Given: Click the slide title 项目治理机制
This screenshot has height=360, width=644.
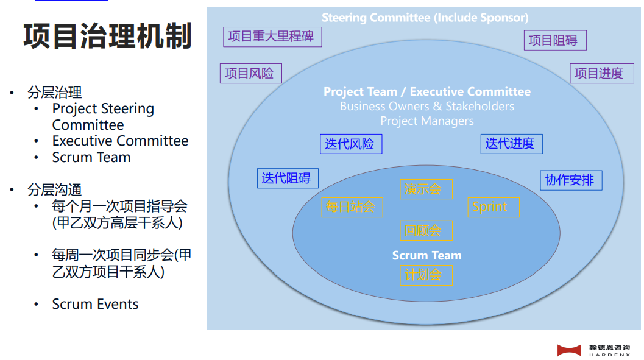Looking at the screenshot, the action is pyautogui.click(x=108, y=36).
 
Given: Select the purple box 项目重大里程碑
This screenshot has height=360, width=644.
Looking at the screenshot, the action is pyautogui.click(x=272, y=37).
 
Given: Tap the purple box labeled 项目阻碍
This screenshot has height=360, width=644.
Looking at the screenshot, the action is pyautogui.click(x=555, y=40).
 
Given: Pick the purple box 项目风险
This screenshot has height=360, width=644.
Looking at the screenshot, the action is pyautogui.click(x=251, y=74).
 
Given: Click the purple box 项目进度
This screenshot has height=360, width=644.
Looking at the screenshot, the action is pyautogui.click(x=602, y=74).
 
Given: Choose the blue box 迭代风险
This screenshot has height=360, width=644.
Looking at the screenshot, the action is pyautogui.click(x=351, y=144).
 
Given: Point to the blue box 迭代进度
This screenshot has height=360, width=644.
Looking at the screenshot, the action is pyautogui.click(x=511, y=144).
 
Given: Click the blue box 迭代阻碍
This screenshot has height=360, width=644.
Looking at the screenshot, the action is pyautogui.click(x=288, y=178).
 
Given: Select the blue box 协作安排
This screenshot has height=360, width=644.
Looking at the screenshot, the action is pyautogui.click(x=571, y=180).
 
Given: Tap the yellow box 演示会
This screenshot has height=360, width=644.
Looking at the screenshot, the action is pyautogui.click(x=426, y=189).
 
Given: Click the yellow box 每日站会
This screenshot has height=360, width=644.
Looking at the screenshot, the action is pyautogui.click(x=352, y=207).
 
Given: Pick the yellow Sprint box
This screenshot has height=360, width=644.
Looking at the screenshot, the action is pyautogui.click(x=494, y=207).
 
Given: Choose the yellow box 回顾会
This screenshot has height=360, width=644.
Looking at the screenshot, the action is pyautogui.click(x=426, y=230).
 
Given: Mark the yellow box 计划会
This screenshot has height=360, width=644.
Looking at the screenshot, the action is pyautogui.click(x=426, y=275).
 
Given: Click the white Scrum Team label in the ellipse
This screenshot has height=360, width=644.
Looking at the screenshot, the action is pyautogui.click(x=426, y=255).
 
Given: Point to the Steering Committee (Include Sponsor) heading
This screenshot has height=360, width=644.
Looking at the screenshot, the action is pyautogui.click(x=425, y=18).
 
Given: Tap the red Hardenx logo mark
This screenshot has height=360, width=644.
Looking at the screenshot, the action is pyautogui.click(x=569, y=350).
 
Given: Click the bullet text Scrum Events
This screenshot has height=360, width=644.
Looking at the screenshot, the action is pyautogui.click(x=95, y=304).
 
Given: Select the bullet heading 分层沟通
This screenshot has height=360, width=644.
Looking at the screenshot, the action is pyautogui.click(x=55, y=190).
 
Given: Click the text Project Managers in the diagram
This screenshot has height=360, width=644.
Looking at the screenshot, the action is pyautogui.click(x=426, y=121).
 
